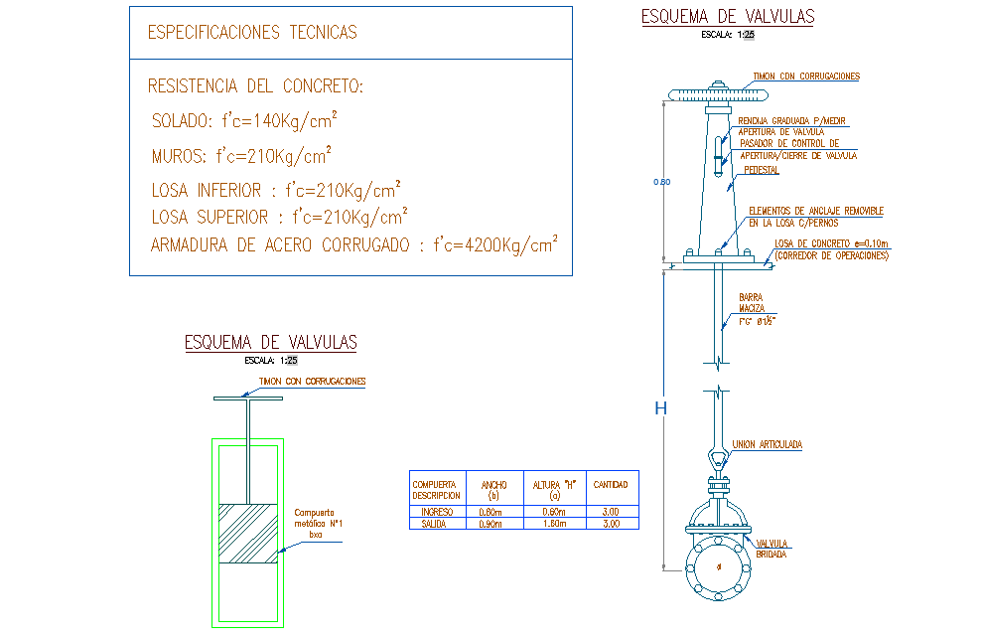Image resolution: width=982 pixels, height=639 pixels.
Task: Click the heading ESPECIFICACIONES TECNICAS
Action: pyautogui.click(x=252, y=33)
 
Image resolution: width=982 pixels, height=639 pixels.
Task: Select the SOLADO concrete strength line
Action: pyautogui.click(x=243, y=121)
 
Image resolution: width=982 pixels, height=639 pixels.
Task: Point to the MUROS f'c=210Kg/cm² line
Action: pyautogui.click(x=241, y=156)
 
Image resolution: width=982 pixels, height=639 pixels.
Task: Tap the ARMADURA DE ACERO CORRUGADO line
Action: pyautogui.click(x=353, y=245)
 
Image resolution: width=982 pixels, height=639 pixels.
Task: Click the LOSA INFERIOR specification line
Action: pyautogui.click(x=276, y=190)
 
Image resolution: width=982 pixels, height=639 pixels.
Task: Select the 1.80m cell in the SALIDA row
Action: pyautogui.click(x=556, y=523)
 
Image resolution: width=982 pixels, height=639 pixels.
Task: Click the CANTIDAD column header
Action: pyautogui.click(x=610, y=485)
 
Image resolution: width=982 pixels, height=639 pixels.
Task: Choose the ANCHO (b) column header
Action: pyautogui.click(x=493, y=489)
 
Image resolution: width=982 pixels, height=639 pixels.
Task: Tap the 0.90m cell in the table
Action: pyautogui.click(x=492, y=523)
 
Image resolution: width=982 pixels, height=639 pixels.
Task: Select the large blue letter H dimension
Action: pyautogui.click(x=660, y=408)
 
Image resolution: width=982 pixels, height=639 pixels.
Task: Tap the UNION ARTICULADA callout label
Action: pyautogui.click(x=767, y=444)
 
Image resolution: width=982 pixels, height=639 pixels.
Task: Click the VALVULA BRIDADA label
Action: pyautogui.click(x=772, y=549)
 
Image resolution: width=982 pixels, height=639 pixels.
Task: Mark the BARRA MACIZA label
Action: pyautogui.click(x=752, y=302)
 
